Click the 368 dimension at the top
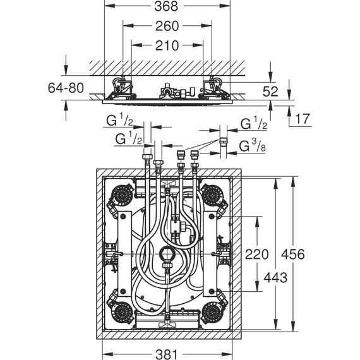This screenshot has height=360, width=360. [x=167, y=7]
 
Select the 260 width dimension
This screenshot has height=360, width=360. [x=167, y=26]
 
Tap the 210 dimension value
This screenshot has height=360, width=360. [x=167, y=45]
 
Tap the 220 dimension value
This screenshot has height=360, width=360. [x=256, y=255]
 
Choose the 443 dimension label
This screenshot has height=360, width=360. [x=275, y=278]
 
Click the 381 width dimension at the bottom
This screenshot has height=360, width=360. [x=167, y=354]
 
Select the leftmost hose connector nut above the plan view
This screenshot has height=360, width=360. [x=147, y=158]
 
